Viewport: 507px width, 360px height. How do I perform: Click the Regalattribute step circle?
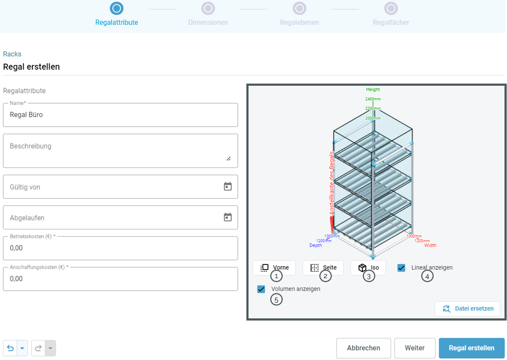(116, 9)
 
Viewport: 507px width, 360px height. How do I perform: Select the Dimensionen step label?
(208, 22)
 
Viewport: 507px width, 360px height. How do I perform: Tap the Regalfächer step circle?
(391, 9)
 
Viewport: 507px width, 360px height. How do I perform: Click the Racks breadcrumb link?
(12, 54)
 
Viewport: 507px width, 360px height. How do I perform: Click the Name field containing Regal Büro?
(120, 115)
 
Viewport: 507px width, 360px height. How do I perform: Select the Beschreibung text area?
(120, 151)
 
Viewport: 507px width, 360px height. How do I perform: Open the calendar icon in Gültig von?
(228, 186)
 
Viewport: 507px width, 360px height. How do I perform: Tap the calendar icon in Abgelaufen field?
(228, 217)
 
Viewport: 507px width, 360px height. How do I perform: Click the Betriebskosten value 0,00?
(16, 248)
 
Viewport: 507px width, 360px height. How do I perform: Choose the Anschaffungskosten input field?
(120, 279)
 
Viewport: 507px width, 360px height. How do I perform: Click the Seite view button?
(323, 268)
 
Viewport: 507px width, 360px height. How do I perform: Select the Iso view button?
(368, 268)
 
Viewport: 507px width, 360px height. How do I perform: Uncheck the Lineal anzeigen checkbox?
(401, 268)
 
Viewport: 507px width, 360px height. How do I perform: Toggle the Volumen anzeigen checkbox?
(261, 289)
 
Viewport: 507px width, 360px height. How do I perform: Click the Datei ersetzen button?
(467, 309)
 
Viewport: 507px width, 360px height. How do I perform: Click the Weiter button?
(415, 348)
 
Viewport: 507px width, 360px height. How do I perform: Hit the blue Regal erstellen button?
(472, 348)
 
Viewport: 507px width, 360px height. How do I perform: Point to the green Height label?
(373, 89)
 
